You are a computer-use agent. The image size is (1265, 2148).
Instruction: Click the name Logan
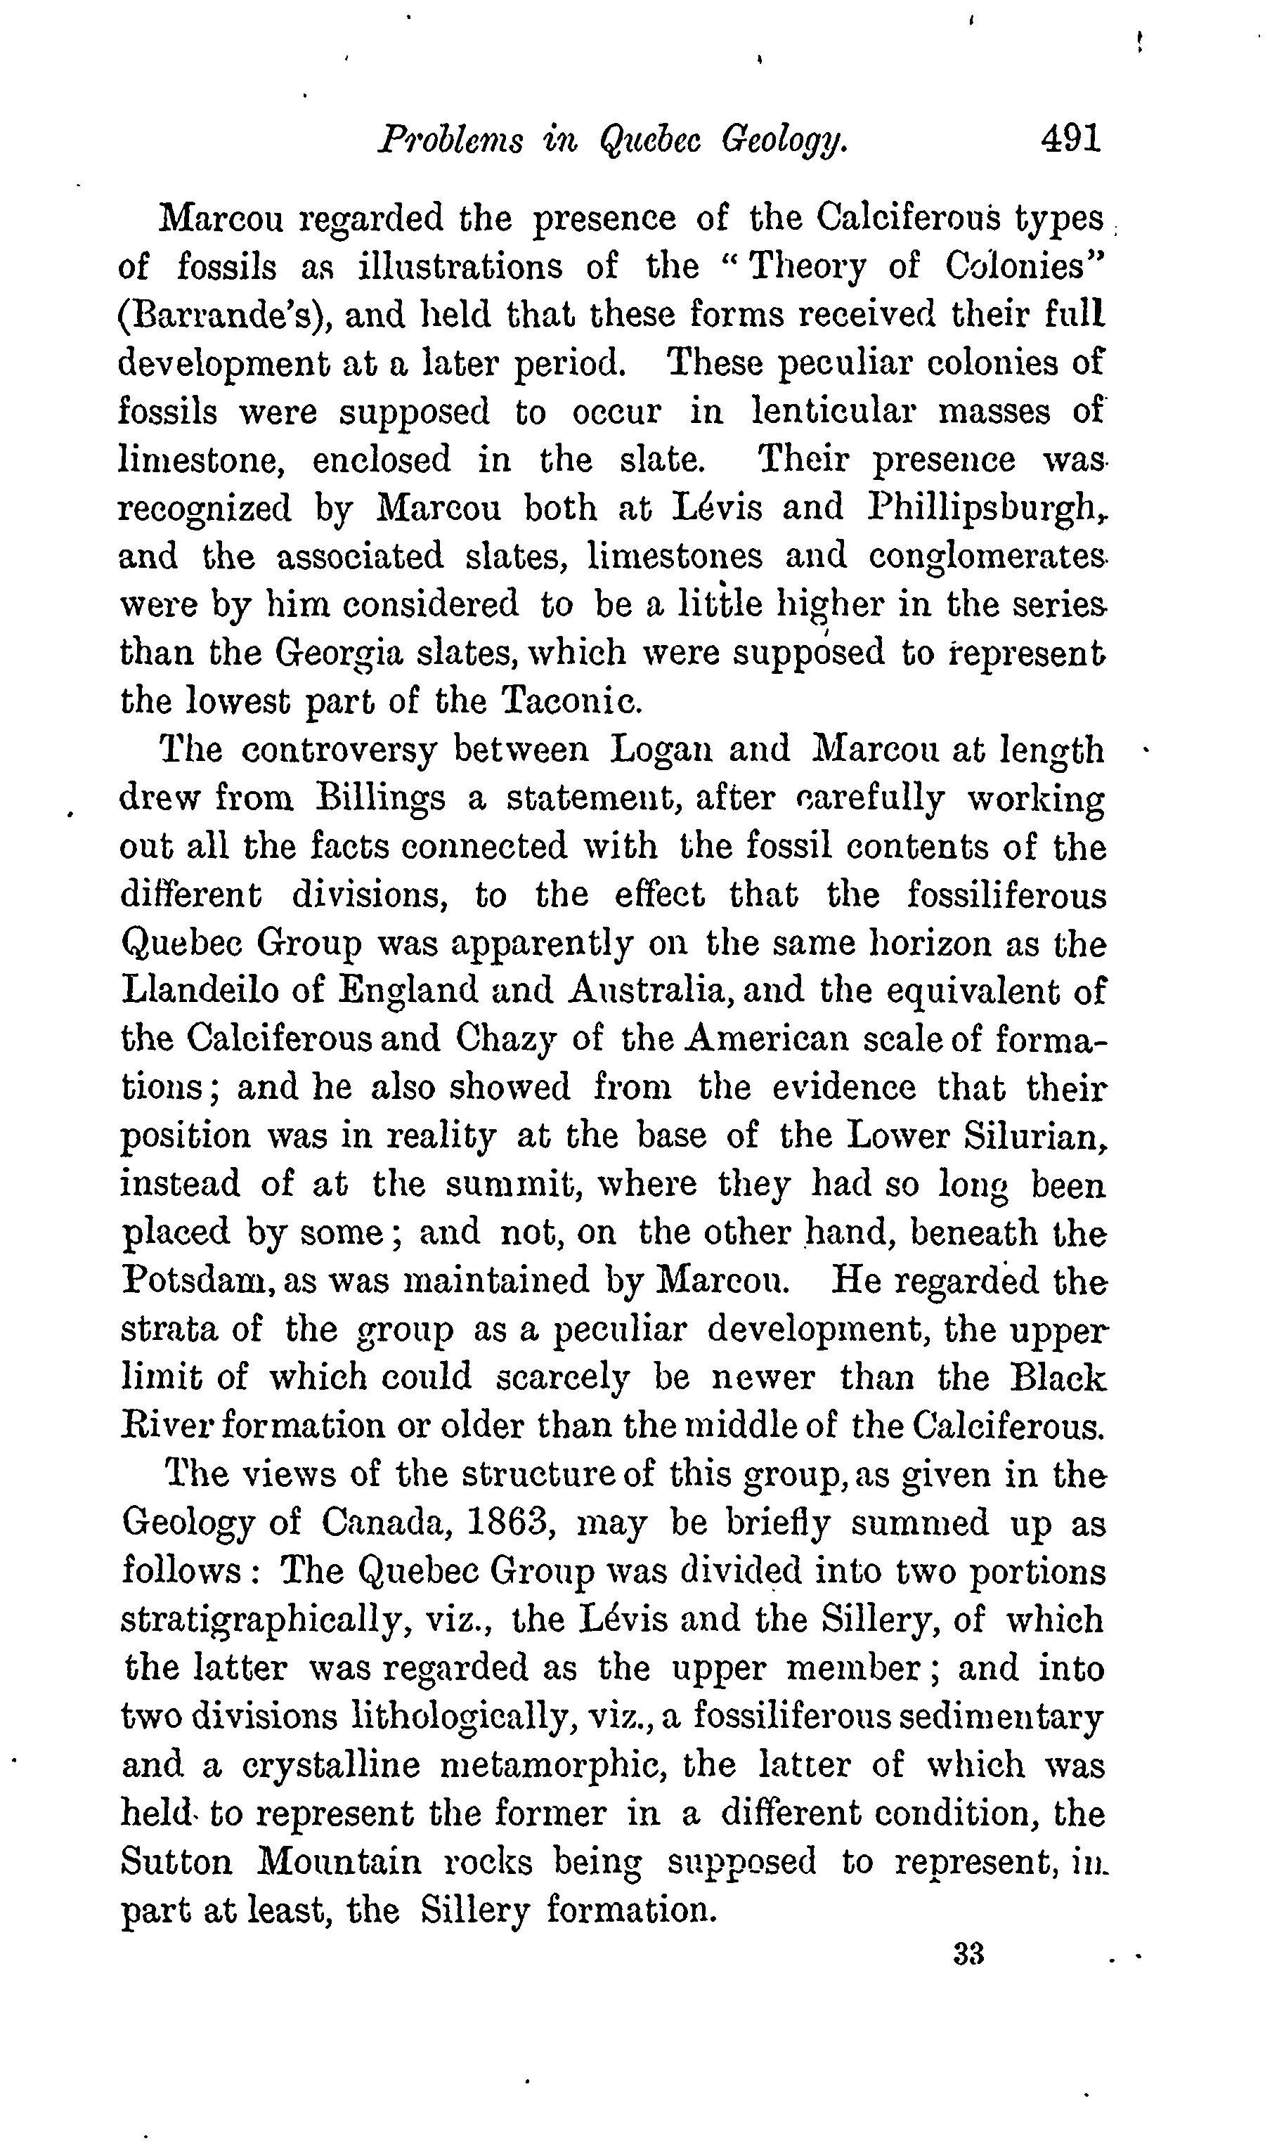(x=657, y=750)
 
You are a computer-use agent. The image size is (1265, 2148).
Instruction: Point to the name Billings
(x=379, y=799)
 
